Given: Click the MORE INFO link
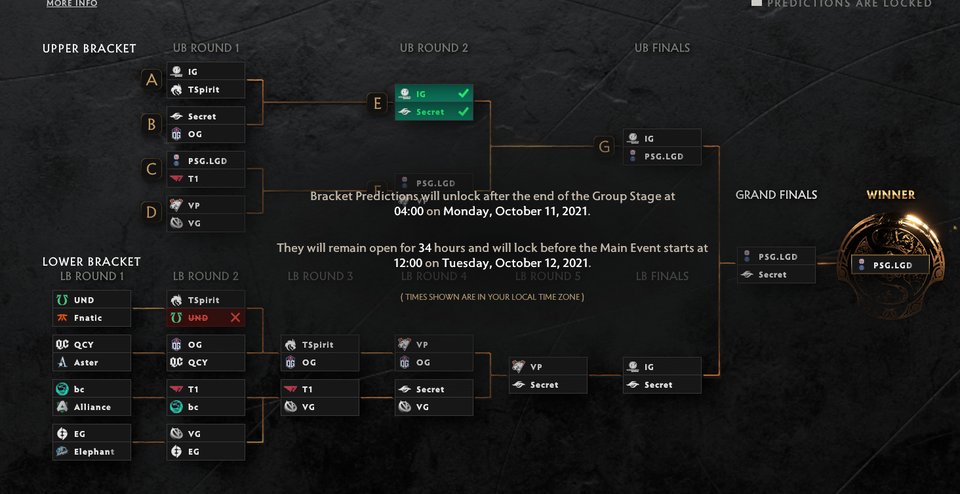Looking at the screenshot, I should (71, 4).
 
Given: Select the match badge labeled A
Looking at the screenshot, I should (151, 80).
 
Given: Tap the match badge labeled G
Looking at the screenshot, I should (605, 147).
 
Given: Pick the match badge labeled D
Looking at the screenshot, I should (151, 213).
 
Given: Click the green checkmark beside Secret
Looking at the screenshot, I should (464, 112).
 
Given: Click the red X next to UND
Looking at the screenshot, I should (235, 318).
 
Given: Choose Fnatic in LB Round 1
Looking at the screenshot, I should (92, 318).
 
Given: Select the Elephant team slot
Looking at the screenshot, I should (92, 451).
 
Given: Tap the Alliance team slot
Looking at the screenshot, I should (92, 407).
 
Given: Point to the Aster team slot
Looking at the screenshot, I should (92, 362).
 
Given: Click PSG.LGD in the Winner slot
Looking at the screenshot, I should (890, 265).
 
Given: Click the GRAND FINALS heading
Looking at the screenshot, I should (776, 195).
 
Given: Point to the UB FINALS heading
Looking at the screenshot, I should (662, 48).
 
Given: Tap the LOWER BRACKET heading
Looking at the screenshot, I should (92, 262).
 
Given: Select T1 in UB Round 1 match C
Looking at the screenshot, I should (206, 178).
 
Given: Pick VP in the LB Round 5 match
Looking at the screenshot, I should (548, 367).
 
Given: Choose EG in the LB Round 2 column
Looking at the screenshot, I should (206, 451).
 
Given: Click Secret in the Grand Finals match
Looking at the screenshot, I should (776, 274).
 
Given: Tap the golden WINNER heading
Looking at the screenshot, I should (890, 195).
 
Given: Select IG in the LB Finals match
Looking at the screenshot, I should (662, 367).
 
